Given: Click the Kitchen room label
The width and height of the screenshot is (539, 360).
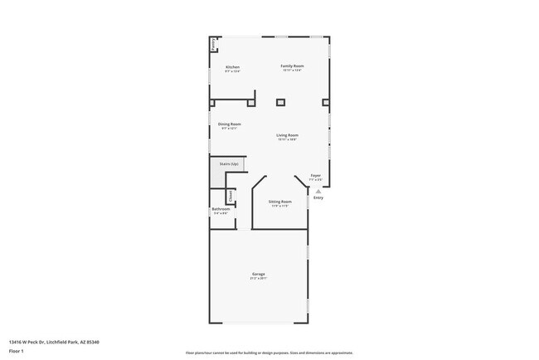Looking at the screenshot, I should coord(232,66).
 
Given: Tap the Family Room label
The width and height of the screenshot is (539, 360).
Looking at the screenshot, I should coord(292,66).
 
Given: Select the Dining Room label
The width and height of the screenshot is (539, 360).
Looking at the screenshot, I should coord(230,124).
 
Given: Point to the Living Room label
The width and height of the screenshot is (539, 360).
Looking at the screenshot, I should coord(288,134).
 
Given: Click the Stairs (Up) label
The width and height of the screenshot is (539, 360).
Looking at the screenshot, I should coord(229,164).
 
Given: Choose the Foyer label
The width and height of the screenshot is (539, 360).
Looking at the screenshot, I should coord(316,175).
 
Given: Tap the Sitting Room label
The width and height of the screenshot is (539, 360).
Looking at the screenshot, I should coord(280,202).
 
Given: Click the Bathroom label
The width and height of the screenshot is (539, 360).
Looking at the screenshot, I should coord(221,209).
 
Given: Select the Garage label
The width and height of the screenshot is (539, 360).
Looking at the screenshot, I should coord(259,274).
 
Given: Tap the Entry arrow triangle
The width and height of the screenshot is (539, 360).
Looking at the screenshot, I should coord(317,190).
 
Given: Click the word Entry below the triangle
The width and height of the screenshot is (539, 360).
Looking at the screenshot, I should coord(318,197).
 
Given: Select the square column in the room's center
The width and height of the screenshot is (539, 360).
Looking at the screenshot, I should coord(280,102).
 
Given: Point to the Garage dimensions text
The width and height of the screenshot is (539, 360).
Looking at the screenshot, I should coord(259,279).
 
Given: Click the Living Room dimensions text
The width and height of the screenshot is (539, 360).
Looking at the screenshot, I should coord(288,139).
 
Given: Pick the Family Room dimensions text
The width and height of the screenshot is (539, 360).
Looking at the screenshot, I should coord(292,71).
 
